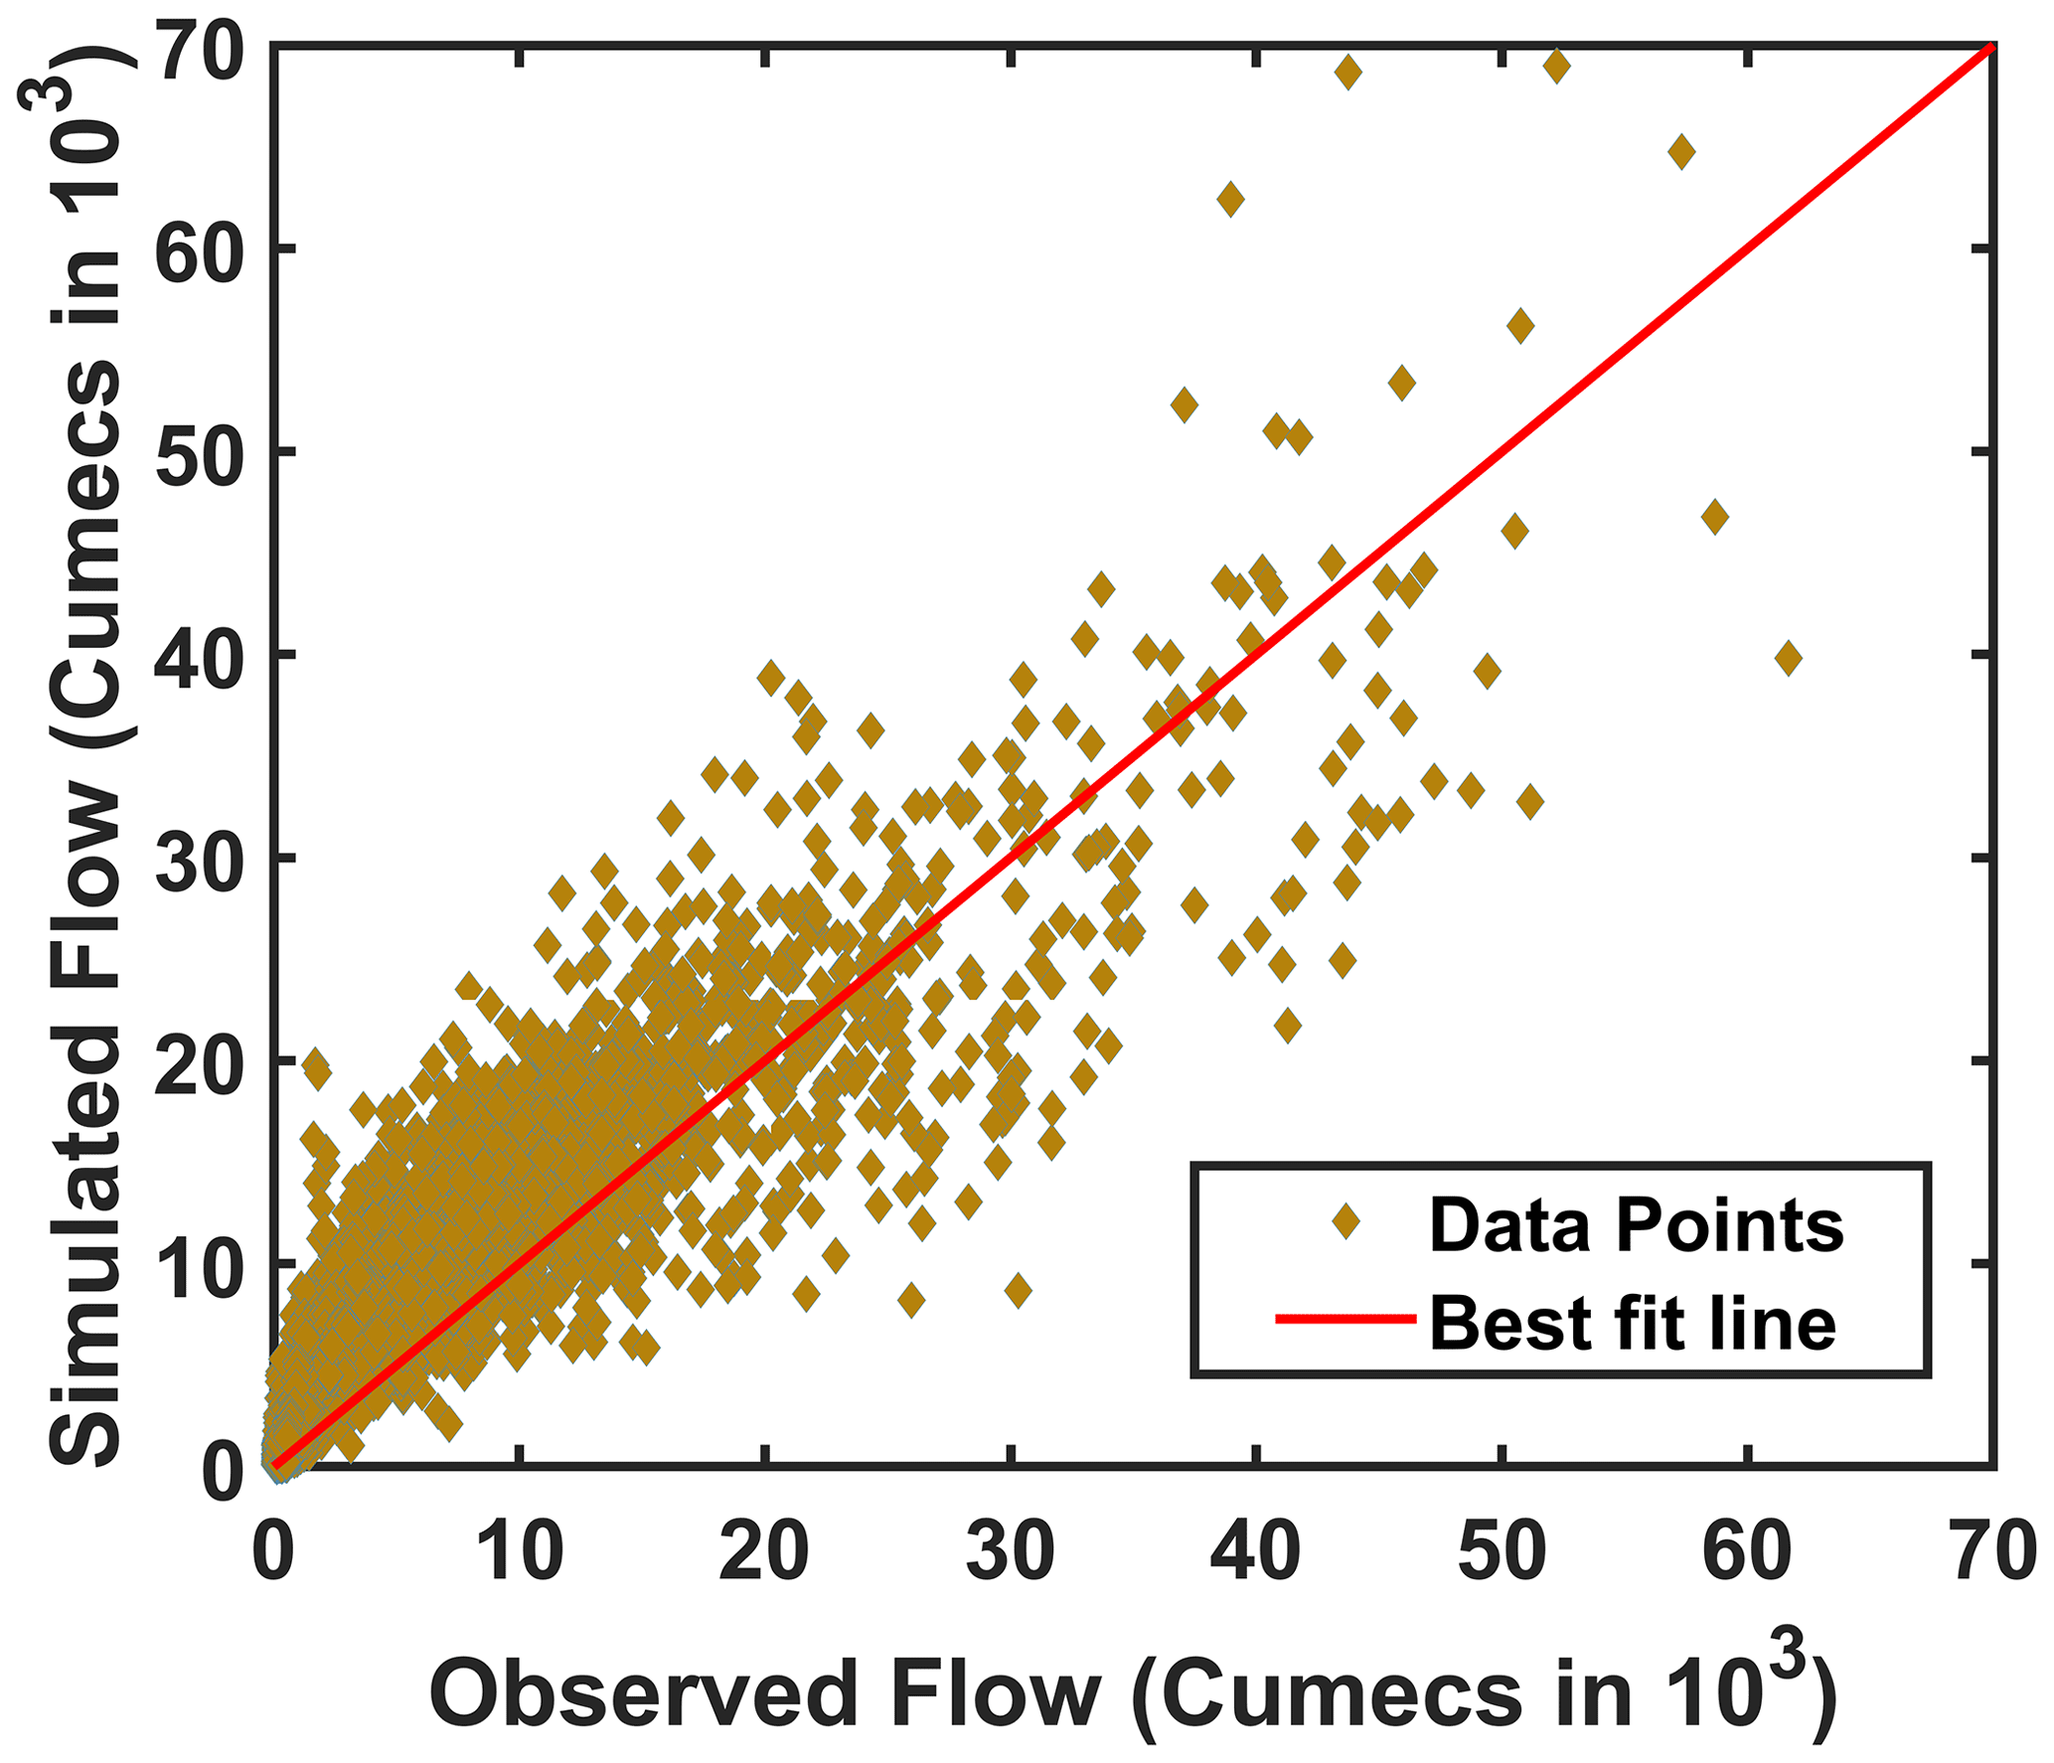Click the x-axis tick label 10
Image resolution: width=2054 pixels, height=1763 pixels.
(x=519, y=1549)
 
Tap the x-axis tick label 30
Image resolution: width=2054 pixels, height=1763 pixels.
(x=1010, y=1549)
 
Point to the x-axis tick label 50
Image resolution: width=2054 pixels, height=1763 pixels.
(x=1502, y=1549)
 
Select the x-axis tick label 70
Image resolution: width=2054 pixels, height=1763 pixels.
(x=1993, y=1549)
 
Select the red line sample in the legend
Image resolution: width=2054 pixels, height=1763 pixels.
(x=1345, y=1319)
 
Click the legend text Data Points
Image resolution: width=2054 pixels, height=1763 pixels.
(x=1636, y=1224)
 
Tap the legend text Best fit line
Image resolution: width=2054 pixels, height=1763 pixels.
(x=1633, y=1323)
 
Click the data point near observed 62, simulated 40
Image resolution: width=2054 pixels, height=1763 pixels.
(x=1788, y=658)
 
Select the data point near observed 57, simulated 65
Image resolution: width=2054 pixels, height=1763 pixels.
(x=1681, y=153)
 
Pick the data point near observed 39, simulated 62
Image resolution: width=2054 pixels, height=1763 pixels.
(x=1230, y=199)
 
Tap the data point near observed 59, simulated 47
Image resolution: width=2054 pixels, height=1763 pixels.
(x=1714, y=516)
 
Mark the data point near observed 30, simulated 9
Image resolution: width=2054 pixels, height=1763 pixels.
(x=1018, y=1290)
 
